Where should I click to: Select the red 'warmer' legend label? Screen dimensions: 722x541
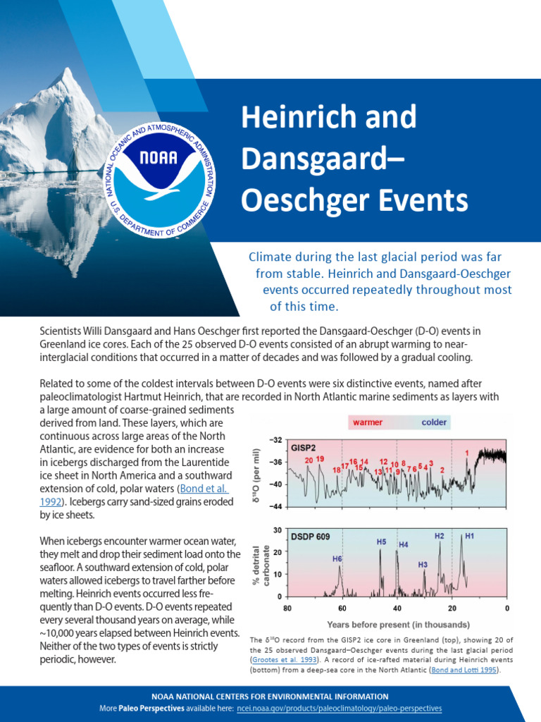tap(367, 423)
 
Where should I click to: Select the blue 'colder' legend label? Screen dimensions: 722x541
tap(435, 423)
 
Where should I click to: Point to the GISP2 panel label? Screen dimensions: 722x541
tap(305, 448)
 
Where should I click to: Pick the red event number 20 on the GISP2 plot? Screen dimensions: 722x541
tap(309, 460)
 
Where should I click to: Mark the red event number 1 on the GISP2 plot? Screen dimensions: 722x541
tap(466, 452)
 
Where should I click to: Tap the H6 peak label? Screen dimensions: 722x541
tap(337, 558)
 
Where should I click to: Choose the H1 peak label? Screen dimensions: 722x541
tap(469, 536)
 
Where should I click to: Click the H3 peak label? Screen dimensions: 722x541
tap(423, 565)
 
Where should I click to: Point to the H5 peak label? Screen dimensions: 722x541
tap(381, 541)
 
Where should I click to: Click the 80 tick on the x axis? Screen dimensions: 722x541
tap(287, 607)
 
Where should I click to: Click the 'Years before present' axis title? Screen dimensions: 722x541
tap(398, 624)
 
